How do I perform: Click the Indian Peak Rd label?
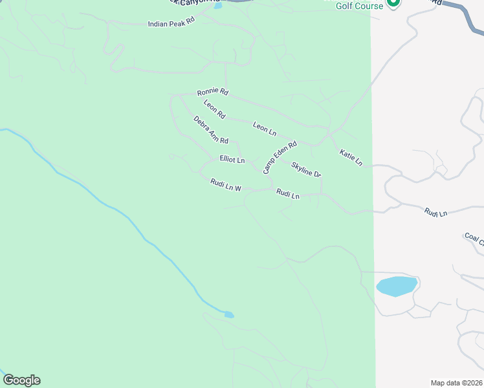point(171,23)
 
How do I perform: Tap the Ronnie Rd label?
point(213,92)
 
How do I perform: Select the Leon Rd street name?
point(214,109)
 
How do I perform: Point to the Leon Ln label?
point(265,128)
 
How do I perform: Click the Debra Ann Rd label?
point(211,130)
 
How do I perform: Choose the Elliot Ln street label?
point(232,159)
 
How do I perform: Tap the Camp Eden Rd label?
point(279,157)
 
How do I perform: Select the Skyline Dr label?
point(306,170)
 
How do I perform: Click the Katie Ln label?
point(351,157)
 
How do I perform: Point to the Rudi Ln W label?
point(225,185)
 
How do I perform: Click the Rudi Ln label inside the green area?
point(288,194)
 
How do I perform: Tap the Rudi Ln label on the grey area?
point(435,211)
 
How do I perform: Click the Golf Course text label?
point(360,6)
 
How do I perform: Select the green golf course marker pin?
point(393,3)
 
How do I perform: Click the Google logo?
point(21,380)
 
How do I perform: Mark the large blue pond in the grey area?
point(396,286)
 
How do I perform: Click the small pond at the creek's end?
point(228,315)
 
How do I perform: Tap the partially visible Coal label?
point(474,239)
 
